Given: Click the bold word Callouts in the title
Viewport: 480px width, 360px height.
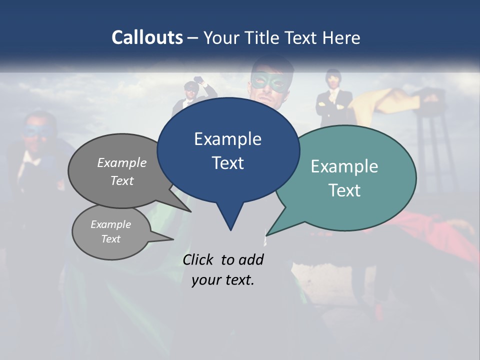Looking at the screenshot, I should tap(147, 37).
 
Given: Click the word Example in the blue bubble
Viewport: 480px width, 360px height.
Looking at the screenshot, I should tap(227, 139).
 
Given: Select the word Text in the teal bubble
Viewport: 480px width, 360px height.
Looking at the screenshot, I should tap(344, 190).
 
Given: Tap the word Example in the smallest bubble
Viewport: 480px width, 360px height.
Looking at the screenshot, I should tap(110, 224).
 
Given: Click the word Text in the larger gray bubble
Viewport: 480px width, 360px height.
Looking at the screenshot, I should tap(122, 181).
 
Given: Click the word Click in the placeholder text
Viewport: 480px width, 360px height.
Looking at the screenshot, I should tap(197, 259).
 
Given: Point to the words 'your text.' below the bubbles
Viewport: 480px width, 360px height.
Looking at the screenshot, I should tap(223, 280).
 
